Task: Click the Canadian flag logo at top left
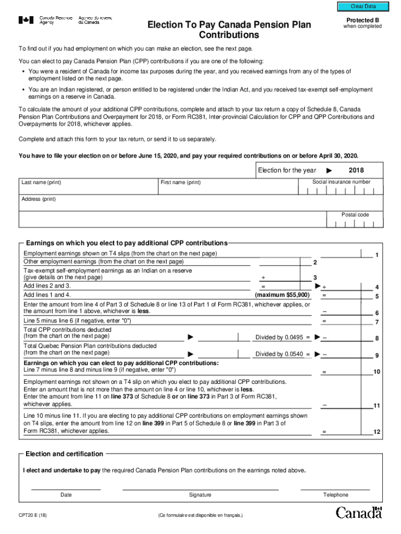tap(26, 20)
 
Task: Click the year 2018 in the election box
tap(356, 171)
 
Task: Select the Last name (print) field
tap(89, 187)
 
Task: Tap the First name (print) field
tap(230, 187)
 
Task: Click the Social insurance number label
tap(341, 182)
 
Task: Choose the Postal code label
tap(355, 215)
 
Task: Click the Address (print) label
tap(39, 199)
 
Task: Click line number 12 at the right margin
tap(377, 432)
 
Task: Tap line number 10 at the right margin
tap(377, 372)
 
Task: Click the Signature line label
tap(200, 495)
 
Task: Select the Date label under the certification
tap(66, 495)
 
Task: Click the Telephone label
tap(335, 495)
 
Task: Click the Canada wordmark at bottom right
tap(359, 513)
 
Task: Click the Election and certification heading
tap(65, 454)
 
